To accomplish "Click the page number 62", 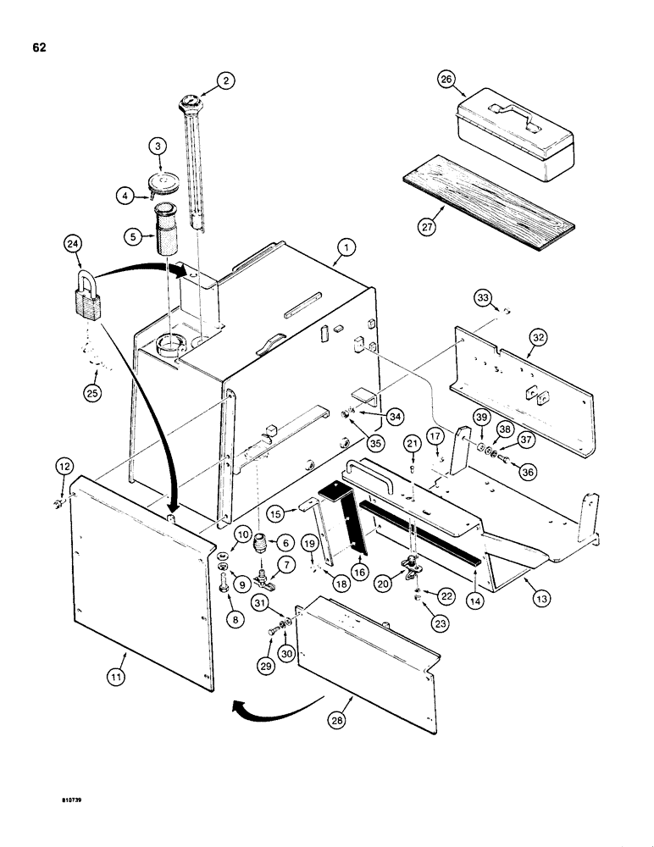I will click(39, 47).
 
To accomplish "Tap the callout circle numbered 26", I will click(446, 81).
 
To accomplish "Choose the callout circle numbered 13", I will click(540, 598).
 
